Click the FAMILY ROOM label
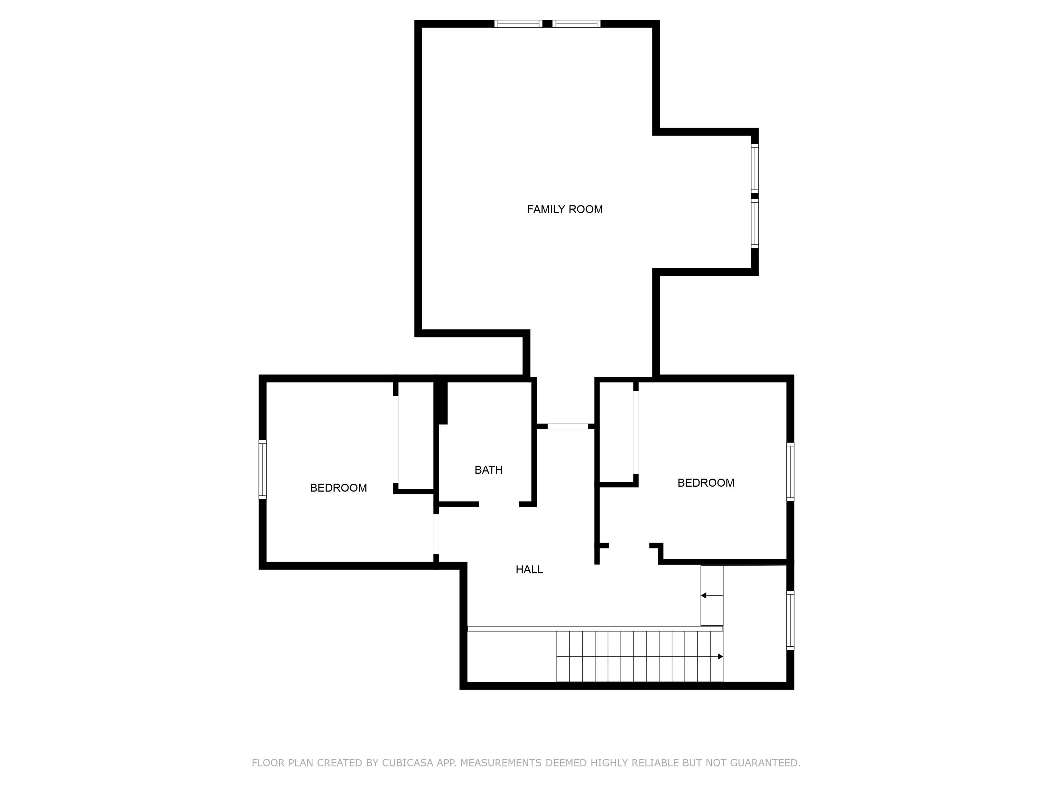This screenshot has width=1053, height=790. click(564, 209)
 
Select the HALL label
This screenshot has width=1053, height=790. click(529, 570)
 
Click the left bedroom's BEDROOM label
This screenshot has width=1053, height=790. click(338, 488)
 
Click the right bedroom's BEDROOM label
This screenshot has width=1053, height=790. click(706, 483)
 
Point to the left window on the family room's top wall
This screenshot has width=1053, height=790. click(518, 24)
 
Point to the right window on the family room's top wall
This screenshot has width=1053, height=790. click(576, 24)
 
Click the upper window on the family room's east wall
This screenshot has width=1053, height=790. click(755, 168)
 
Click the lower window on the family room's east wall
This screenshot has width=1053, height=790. click(755, 223)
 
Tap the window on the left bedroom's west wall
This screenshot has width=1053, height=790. click(262, 469)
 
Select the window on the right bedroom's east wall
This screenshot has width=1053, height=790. click(790, 472)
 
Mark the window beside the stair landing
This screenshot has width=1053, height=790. click(790, 620)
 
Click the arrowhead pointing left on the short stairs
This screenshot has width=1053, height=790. click(704, 595)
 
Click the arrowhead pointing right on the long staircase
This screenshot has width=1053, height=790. click(720, 657)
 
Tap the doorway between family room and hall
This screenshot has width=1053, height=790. click(568, 426)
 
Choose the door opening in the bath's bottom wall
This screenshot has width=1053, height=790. click(499, 504)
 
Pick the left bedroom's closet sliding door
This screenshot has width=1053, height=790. click(396, 439)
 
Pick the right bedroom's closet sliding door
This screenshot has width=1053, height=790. click(636, 432)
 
